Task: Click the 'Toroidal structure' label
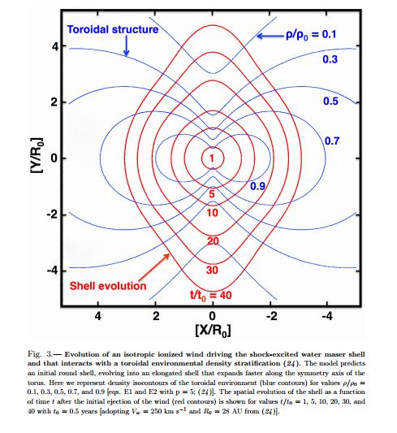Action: pyautogui.click(x=113, y=29)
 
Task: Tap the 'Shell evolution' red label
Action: pyautogui.click(x=108, y=286)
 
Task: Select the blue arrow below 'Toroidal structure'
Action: pyautogui.click(x=127, y=45)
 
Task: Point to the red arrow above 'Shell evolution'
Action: pyautogui.click(x=154, y=267)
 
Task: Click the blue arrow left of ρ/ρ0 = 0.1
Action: pyautogui.click(x=270, y=36)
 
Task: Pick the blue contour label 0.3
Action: pyautogui.click(x=330, y=59)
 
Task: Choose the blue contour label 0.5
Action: pyautogui.click(x=330, y=101)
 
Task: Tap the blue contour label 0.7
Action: pyautogui.click(x=331, y=141)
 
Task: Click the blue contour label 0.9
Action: pyautogui.click(x=257, y=186)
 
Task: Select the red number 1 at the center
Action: pyautogui.click(x=212, y=158)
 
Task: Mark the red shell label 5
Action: pyautogui.click(x=212, y=194)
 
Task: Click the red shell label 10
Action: pyautogui.click(x=212, y=213)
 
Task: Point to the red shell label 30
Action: pyautogui.click(x=212, y=270)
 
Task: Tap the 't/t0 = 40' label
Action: pyautogui.click(x=211, y=296)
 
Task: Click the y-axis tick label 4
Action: pyautogui.click(x=55, y=46)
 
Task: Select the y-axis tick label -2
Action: pyautogui.click(x=53, y=214)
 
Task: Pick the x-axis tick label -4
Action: pyautogui.click(x=327, y=316)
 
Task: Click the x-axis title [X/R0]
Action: pyautogui.click(x=213, y=331)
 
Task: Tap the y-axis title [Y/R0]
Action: pyautogui.click(x=37, y=155)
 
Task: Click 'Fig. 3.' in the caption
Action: pyautogui.click(x=40, y=354)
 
